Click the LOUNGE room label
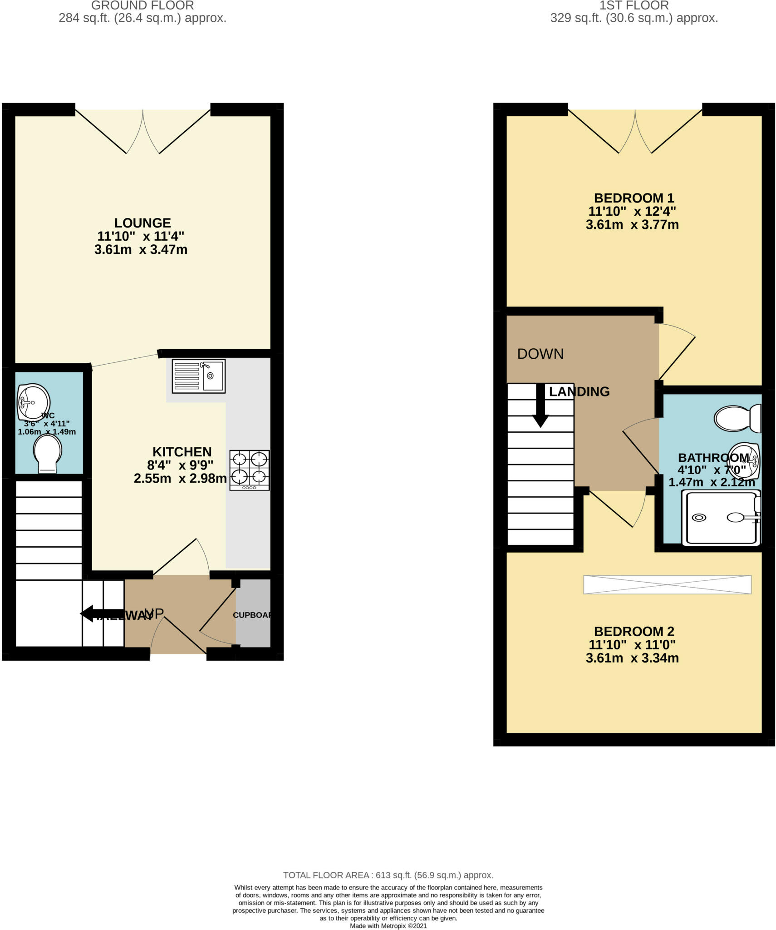pyautogui.click(x=142, y=223)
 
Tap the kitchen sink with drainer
pyautogui.click(x=198, y=376)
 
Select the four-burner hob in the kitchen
pyautogui.click(x=250, y=470)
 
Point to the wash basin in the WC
pyautogui.click(x=33, y=402)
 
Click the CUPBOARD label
pyautogui.click(x=252, y=615)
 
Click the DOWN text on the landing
pyautogui.click(x=540, y=354)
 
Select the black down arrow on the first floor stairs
pyautogui.click(x=540, y=406)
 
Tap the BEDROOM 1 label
pyautogui.click(x=634, y=198)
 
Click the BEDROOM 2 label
pyautogui.click(x=634, y=631)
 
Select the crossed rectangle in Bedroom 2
pyautogui.click(x=667, y=584)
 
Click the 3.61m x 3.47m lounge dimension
pyautogui.click(x=141, y=249)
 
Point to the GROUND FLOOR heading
pyautogui.click(x=142, y=5)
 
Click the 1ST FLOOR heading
pyautogui.click(x=634, y=5)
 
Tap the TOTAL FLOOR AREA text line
pyautogui.click(x=388, y=875)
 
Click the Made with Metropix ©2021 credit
pyautogui.click(x=388, y=925)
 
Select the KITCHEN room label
pyautogui.click(x=182, y=452)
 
